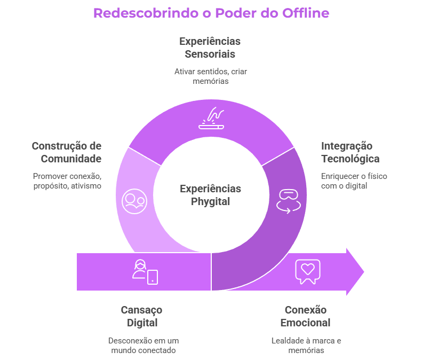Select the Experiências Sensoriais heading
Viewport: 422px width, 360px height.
coord(210,48)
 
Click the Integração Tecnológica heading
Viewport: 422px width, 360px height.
coord(350,152)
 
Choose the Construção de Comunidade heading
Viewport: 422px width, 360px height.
coord(67,152)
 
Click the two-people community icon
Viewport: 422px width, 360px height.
coord(134,200)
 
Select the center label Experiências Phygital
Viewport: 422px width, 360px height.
coord(210,195)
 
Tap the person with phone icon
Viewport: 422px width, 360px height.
coord(145,271)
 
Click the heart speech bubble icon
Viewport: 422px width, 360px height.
coord(307,270)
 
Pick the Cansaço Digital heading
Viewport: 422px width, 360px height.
coord(142,316)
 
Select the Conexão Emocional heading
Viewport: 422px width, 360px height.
coord(306,316)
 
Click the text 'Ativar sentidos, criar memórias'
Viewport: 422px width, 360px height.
coord(210,76)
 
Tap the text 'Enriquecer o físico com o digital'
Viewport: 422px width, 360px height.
coord(354,181)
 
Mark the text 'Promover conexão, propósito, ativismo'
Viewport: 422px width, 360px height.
coord(67,181)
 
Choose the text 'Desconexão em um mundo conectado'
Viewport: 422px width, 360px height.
coord(143,346)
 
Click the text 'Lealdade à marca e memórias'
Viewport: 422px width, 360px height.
coord(306,346)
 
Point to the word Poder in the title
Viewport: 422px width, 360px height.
coord(235,13)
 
